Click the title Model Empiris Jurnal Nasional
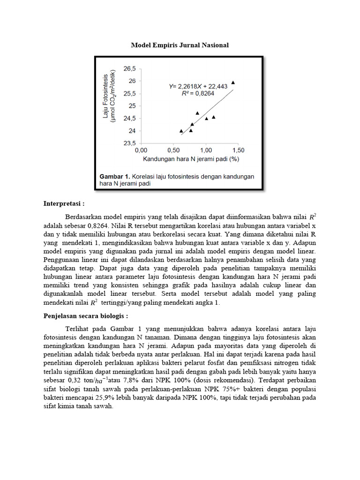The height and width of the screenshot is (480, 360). (x=180, y=45)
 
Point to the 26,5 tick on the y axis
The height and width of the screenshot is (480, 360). (x=129, y=68)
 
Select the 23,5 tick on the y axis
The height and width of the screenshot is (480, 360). (x=129, y=143)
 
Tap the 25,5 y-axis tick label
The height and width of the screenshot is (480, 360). (x=129, y=93)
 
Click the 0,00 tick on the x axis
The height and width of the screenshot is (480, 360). (x=141, y=150)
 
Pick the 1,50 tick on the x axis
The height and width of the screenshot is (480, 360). (x=238, y=150)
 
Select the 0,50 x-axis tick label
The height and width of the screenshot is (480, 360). (x=173, y=150)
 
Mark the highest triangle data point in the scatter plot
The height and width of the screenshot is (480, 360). (x=233, y=82)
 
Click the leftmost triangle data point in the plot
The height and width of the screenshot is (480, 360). (x=181, y=131)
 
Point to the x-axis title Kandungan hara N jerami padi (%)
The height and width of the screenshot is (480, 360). (x=191, y=159)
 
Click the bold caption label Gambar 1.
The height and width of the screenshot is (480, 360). (x=114, y=176)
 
